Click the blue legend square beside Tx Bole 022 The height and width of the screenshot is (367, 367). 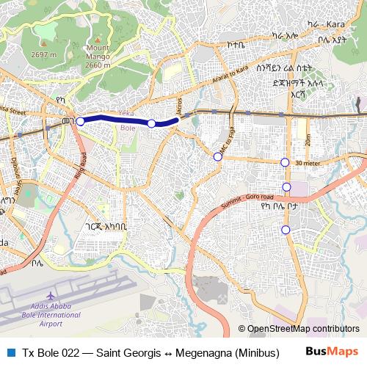[x=10, y=352]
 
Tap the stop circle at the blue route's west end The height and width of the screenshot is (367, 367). [x=81, y=122]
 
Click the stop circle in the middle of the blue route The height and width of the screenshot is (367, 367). [x=152, y=123]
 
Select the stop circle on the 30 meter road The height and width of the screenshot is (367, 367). [x=285, y=162]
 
